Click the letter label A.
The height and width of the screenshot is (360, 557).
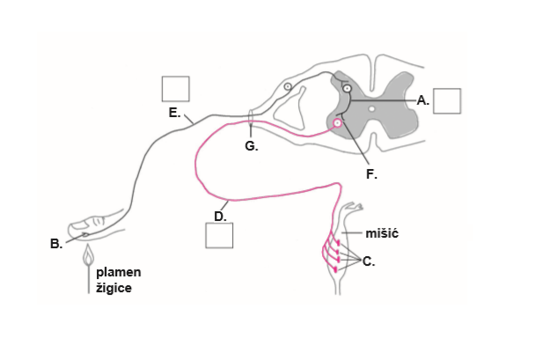tap(422, 100)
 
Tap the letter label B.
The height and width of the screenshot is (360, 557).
tap(56, 244)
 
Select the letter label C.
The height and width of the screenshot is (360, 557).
tap(368, 261)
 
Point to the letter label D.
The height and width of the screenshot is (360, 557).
tap(221, 215)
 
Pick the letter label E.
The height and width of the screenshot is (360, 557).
tap(174, 113)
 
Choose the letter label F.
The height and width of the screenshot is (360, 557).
tap(371, 174)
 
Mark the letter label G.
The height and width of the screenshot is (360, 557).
tap(252, 146)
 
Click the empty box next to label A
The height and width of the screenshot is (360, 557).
tap(446, 100)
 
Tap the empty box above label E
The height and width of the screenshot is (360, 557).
tap(175, 88)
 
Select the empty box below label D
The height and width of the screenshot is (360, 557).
tap(218, 235)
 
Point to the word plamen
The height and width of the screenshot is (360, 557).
tap(119, 272)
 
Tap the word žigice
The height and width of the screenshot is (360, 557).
tap(114, 287)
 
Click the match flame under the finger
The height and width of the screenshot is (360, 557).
tap(88, 256)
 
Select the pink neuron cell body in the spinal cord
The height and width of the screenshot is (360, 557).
tap(337, 124)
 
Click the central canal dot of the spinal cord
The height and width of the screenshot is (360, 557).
tap(372, 109)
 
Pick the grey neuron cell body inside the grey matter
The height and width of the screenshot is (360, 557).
tap(348, 88)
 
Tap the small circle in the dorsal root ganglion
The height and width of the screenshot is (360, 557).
tap(287, 86)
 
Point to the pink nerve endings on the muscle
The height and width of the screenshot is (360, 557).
tap(333, 250)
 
